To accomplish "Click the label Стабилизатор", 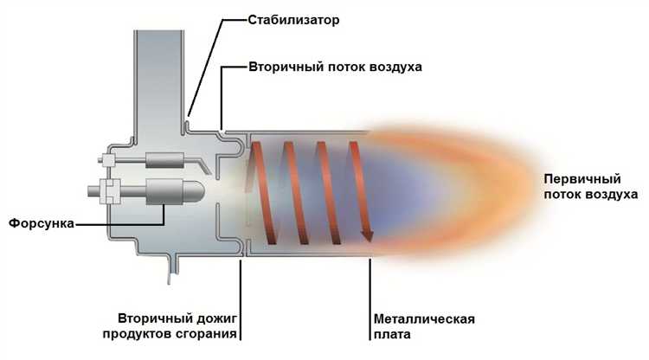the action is (293, 20).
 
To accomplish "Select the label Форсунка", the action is (42, 223).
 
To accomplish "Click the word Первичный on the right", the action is (582, 179).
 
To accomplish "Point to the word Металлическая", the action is (424, 319).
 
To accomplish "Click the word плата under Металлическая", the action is (392, 334).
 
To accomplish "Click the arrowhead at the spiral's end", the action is (367, 236).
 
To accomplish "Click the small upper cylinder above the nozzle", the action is (164, 160).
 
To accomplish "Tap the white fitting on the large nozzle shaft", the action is (111, 191).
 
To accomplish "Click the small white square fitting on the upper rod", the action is (108, 160).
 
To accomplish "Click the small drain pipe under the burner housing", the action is (173, 268).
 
